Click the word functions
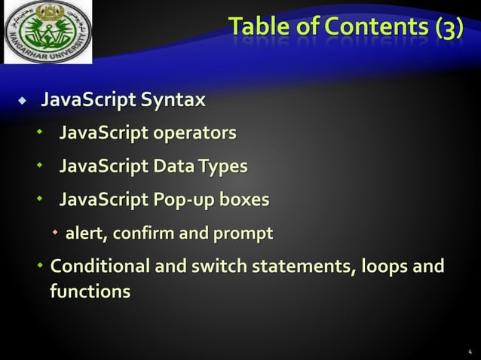89,291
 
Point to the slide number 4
469,351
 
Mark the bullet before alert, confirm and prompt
55,234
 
